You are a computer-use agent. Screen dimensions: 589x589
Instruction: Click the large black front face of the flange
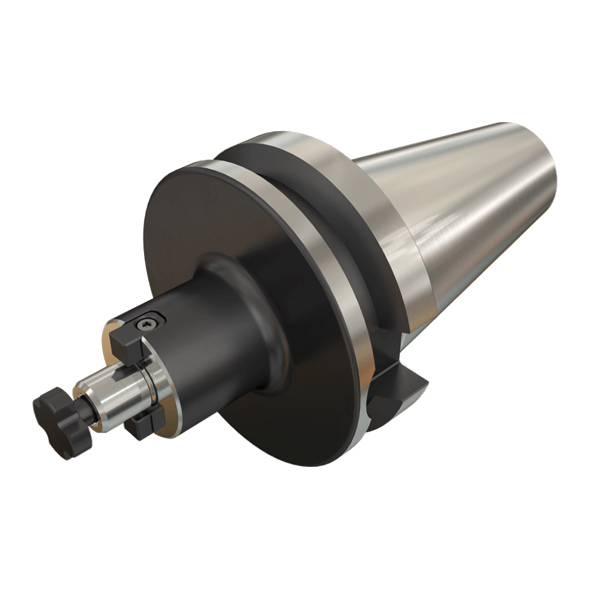pyautogui.click(x=207, y=228)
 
